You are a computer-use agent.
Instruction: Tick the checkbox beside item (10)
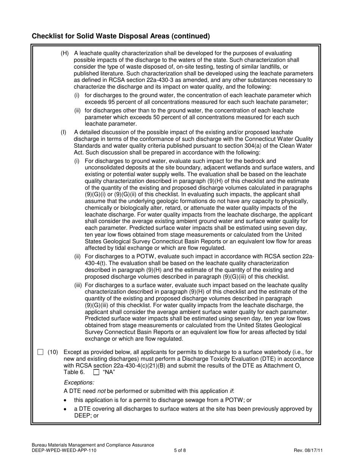[41, 352]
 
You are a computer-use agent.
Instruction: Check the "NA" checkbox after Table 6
[96, 372]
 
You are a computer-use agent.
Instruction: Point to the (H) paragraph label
[65, 53]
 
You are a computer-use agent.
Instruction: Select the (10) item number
[53, 352]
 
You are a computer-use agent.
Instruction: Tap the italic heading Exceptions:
[79, 383]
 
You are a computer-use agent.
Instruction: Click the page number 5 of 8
[180, 450]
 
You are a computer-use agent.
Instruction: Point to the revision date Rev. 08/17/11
[308, 450]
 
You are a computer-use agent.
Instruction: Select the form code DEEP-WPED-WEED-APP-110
[64, 450]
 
